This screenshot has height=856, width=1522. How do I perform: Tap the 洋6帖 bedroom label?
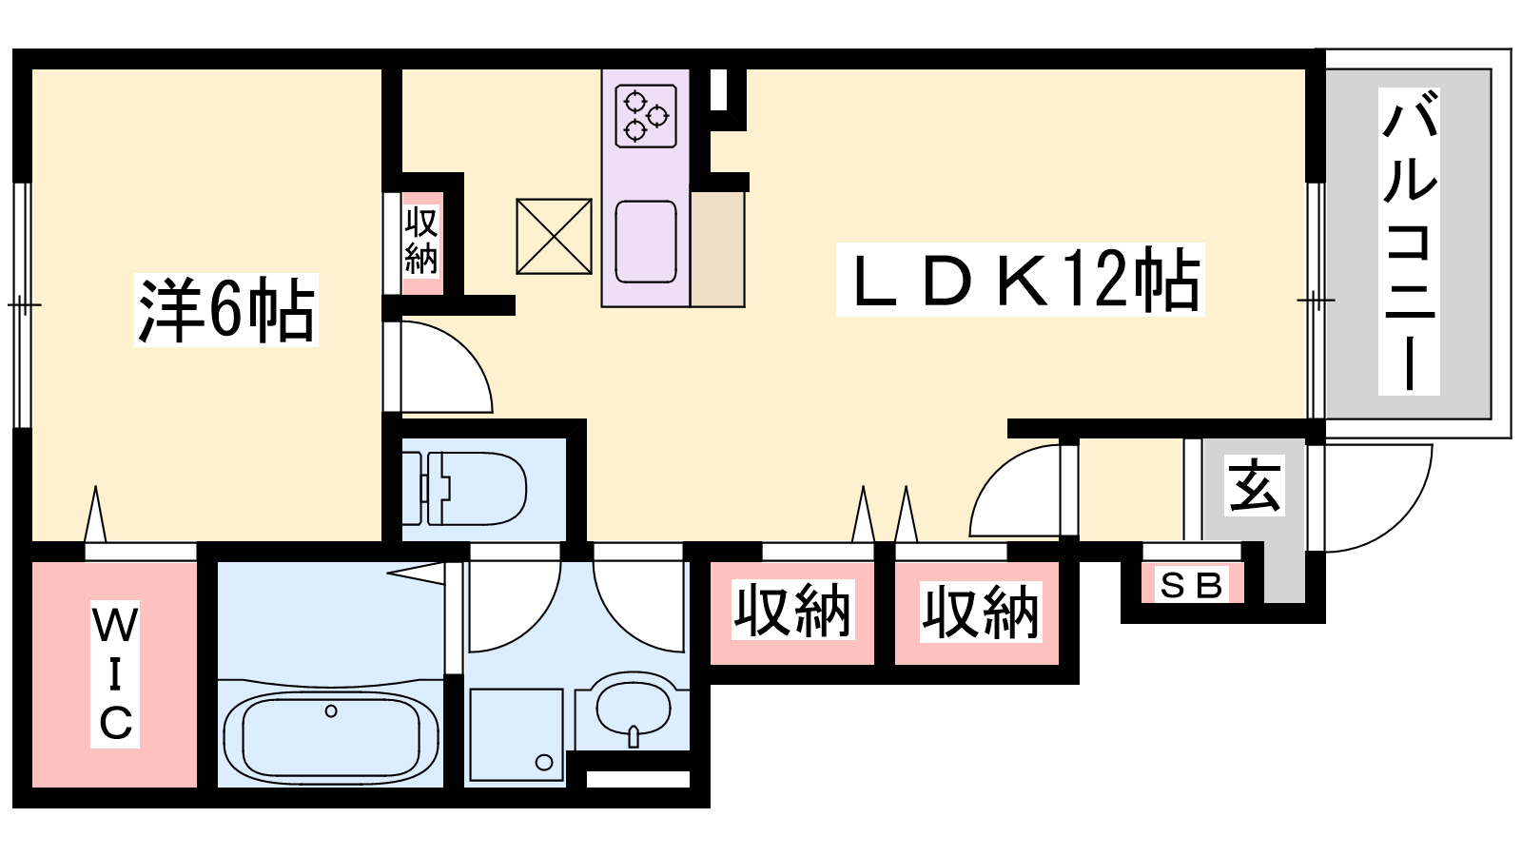[x=226, y=310]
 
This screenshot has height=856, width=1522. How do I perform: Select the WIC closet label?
[x=115, y=674]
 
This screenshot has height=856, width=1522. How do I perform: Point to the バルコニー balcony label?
[x=1409, y=242]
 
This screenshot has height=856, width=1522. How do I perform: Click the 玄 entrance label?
[x=1255, y=485]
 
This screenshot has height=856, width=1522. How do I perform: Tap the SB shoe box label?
[x=1192, y=585]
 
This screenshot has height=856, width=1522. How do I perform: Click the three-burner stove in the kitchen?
[x=646, y=115]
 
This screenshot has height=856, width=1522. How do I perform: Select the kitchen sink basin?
[x=646, y=242]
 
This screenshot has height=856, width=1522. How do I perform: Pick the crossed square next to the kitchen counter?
[x=554, y=237]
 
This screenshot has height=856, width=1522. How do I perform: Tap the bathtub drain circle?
[x=331, y=711]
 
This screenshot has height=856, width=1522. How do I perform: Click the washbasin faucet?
[x=634, y=736]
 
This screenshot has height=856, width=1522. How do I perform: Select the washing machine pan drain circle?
[x=543, y=762]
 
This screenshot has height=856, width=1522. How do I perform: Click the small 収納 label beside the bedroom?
[x=421, y=242]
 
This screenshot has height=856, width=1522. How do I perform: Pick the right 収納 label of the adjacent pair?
[x=981, y=613]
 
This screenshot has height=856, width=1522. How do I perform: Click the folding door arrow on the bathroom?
[x=416, y=574]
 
